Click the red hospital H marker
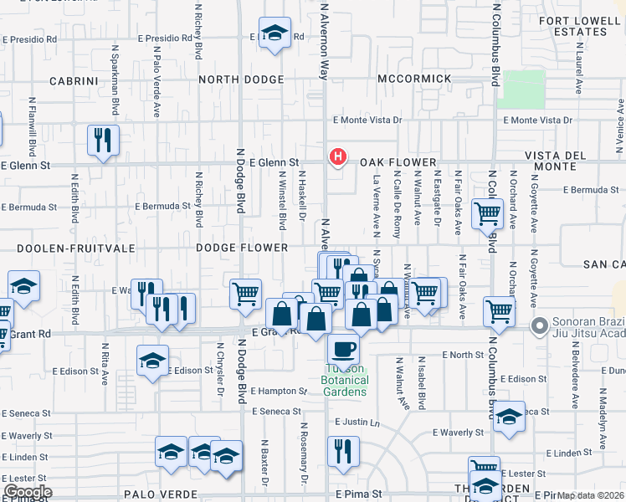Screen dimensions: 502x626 point(337,156)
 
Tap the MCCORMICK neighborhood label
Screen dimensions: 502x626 point(414,79)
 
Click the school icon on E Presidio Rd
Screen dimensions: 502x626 point(274,33)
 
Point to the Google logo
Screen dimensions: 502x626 point(28,491)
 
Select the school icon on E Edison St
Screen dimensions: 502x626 point(152,361)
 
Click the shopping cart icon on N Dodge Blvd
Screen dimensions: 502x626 point(245,294)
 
